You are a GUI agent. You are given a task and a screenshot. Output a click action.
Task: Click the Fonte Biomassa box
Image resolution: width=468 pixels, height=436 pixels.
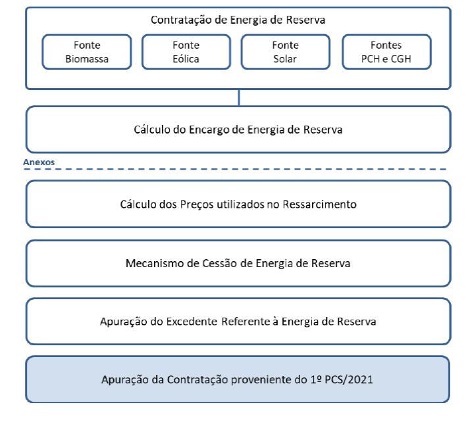pos(87,52)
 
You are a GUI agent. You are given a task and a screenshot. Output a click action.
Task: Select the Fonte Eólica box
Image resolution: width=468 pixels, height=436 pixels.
pos(186,52)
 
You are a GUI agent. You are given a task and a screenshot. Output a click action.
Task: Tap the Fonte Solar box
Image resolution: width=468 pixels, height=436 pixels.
pos(286,52)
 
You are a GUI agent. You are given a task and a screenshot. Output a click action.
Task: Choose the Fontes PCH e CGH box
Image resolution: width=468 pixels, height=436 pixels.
pos(386,52)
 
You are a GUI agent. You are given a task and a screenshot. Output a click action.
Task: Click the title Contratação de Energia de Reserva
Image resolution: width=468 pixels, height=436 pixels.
pos(238,20)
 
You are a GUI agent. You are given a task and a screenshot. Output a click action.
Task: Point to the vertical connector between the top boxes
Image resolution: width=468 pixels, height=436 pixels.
pos(239,97)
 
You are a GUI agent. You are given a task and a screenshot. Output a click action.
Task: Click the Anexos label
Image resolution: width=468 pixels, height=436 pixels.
pos(39,162)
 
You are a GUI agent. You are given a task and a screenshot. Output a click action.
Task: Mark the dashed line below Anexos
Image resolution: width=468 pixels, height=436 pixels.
pos(235,169)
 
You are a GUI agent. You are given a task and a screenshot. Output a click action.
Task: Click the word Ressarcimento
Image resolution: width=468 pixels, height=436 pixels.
pos(319,205)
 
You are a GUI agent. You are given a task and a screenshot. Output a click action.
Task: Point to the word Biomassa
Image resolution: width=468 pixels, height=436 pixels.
pos(87,59)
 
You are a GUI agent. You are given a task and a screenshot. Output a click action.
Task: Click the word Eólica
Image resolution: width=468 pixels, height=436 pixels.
pos(186,59)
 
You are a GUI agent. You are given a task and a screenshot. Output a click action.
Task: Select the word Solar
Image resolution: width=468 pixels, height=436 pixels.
pos(285,59)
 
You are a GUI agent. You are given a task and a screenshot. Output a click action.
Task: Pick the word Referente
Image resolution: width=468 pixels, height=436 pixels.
pos(246,322)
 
